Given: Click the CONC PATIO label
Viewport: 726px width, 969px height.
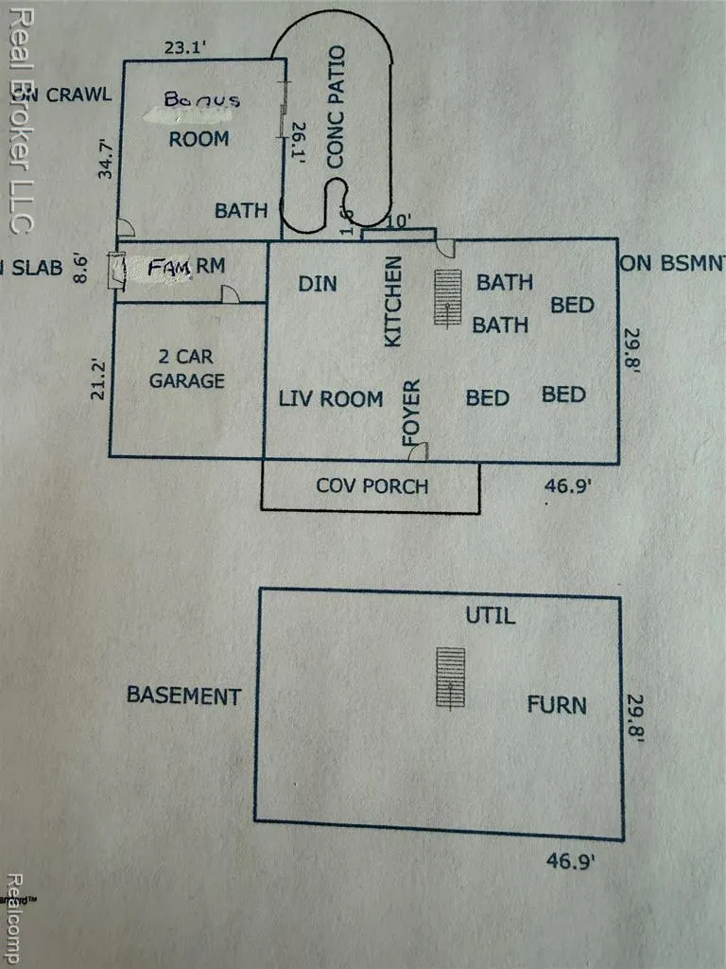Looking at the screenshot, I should coord(335,107).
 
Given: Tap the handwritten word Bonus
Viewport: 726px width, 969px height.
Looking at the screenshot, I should coord(201,98).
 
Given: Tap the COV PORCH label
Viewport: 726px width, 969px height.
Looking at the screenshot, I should coord(372,486).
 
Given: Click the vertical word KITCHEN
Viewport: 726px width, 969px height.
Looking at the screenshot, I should coord(394,301).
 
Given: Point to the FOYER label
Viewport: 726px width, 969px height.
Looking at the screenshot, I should coord(410,413).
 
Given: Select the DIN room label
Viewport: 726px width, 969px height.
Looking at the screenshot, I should coord(318,284).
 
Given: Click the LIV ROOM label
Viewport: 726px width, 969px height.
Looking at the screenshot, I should coord(331,398).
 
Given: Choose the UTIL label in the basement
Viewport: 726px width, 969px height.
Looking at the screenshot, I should coord(490,616).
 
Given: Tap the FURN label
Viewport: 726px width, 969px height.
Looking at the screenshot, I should coord(556,705).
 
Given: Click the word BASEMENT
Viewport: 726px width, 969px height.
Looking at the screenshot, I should coord(184,696).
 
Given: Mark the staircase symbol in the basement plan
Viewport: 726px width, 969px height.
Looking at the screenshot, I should coord(451,677).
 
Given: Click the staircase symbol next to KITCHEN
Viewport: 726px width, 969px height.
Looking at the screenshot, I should coord(447,297).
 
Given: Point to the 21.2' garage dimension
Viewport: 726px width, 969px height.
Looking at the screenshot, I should coord(98,377).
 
